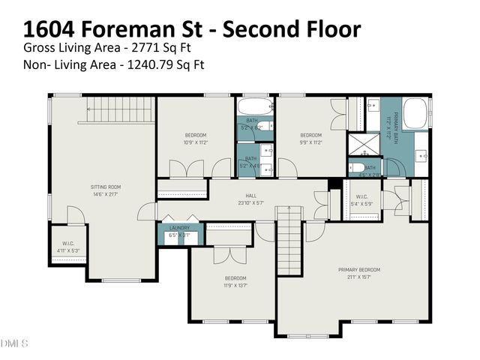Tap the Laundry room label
(178, 227)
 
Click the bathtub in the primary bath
(415, 115)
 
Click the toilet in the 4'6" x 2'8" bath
(358, 168)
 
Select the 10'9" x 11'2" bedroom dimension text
(195, 142)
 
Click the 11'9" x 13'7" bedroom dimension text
(235, 285)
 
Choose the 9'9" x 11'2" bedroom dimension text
(310, 142)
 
